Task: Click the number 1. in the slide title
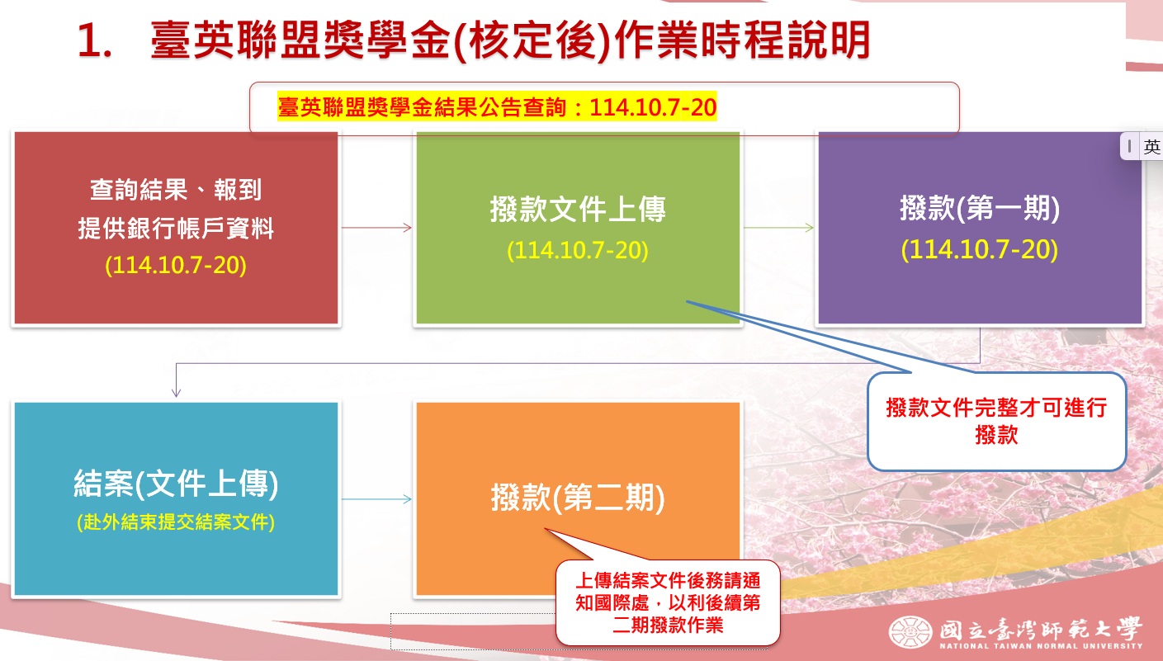[x=94, y=41]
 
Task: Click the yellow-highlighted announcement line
[x=497, y=107]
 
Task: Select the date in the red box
[x=176, y=266]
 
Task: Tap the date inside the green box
[x=577, y=250]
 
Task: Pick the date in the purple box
[x=979, y=249]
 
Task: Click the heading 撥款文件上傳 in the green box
[x=577, y=210]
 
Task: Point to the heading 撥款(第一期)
[x=979, y=209]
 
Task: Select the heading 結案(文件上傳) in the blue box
[x=176, y=484]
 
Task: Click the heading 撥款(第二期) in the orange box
[x=577, y=498]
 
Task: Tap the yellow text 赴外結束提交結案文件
[x=176, y=522]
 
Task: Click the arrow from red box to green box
[x=376, y=228]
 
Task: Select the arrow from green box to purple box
[x=778, y=228]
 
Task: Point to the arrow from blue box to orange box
[x=376, y=499]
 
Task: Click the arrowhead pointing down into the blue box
[x=176, y=393]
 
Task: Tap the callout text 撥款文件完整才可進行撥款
[x=996, y=421]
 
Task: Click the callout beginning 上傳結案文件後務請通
[x=668, y=602]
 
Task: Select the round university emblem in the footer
[x=910, y=632]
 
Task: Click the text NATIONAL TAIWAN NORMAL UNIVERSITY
[x=1041, y=646]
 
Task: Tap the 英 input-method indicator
[x=1151, y=146]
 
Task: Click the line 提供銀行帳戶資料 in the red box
[x=176, y=229]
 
